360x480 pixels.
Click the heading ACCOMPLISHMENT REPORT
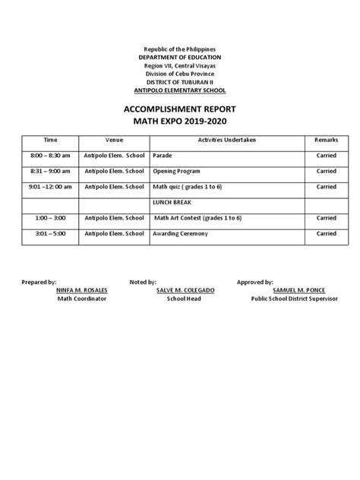[x=180, y=109]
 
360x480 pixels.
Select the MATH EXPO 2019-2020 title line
[x=180, y=122]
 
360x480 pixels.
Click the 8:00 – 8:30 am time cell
[x=51, y=156]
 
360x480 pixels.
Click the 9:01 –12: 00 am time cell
[x=51, y=187]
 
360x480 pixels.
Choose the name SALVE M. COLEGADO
[x=182, y=290]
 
